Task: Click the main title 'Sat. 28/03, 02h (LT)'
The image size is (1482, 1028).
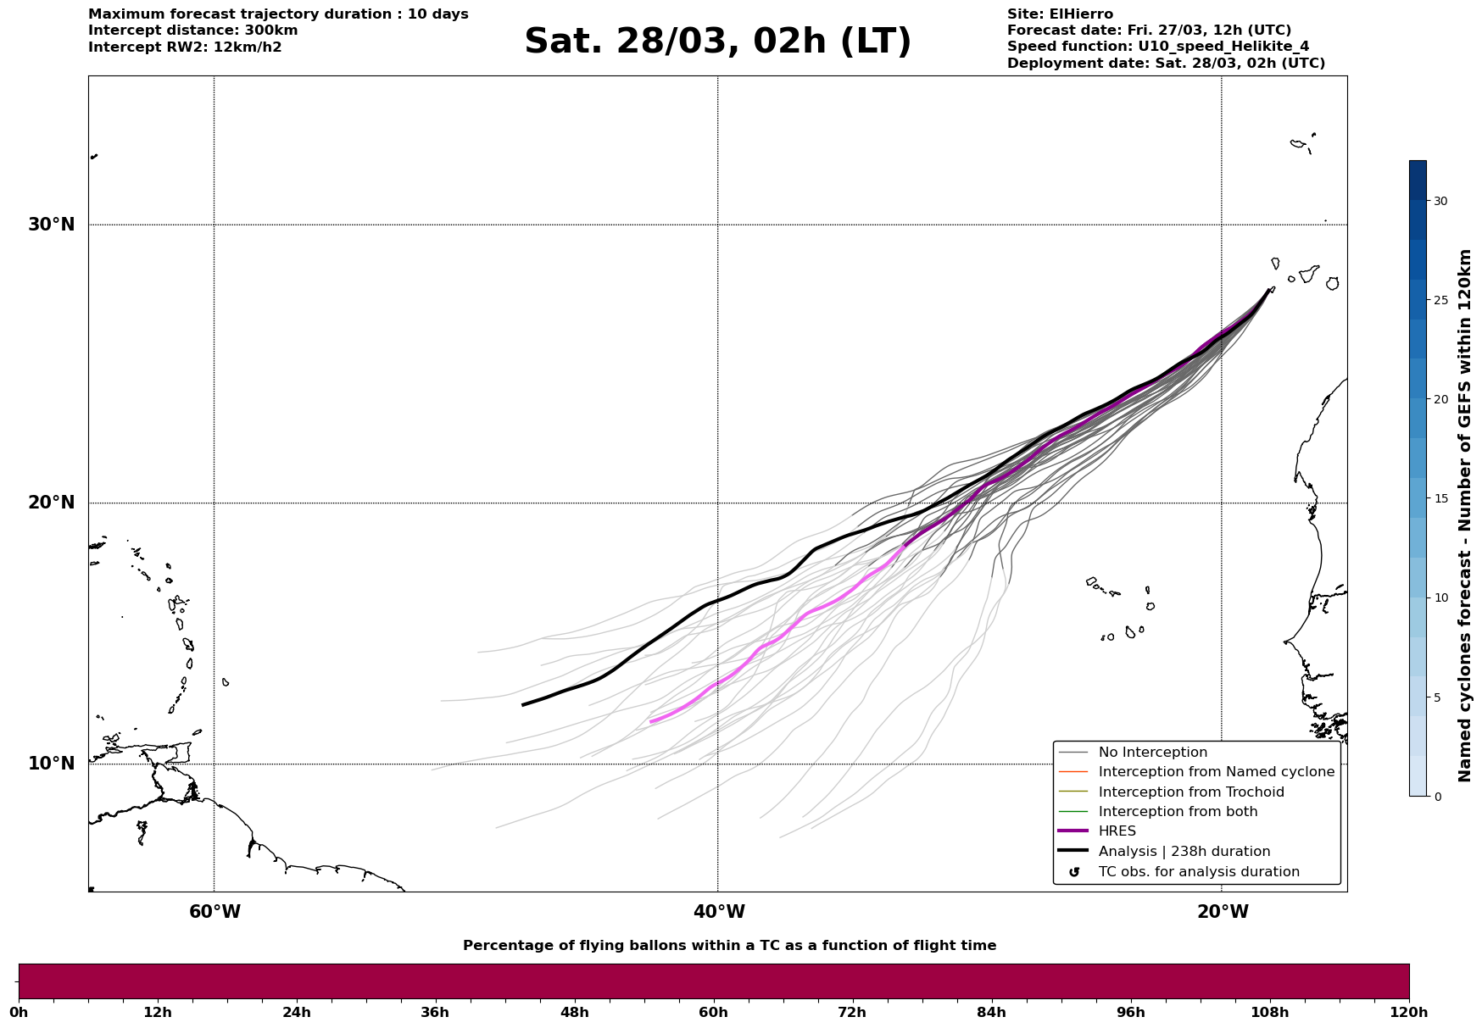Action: click(x=717, y=42)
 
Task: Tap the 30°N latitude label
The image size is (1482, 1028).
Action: click(x=52, y=225)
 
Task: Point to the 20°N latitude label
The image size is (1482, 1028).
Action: click(x=52, y=503)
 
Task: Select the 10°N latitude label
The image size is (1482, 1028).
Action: click(x=52, y=764)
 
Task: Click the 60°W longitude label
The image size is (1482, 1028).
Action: click(x=214, y=912)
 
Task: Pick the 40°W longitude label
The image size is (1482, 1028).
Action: click(x=719, y=912)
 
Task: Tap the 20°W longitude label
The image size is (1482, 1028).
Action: click(x=1223, y=912)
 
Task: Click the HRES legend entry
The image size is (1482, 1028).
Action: click(x=1117, y=831)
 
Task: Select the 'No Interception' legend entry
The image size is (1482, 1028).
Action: click(x=1153, y=753)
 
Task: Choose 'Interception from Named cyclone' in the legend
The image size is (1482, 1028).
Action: click(x=1217, y=772)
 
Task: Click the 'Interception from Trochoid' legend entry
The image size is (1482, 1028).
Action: click(x=1191, y=792)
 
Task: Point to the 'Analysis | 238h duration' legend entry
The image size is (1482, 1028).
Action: click(x=1184, y=852)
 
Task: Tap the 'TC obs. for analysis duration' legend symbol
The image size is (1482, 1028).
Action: click(x=1074, y=872)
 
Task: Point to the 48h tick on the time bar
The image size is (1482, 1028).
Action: click(x=574, y=1012)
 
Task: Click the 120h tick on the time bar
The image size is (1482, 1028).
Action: click(x=1409, y=1012)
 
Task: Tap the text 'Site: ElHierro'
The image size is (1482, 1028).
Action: click(x=1060, y=14)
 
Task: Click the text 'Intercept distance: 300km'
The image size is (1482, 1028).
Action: click(x=193, y=31)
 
